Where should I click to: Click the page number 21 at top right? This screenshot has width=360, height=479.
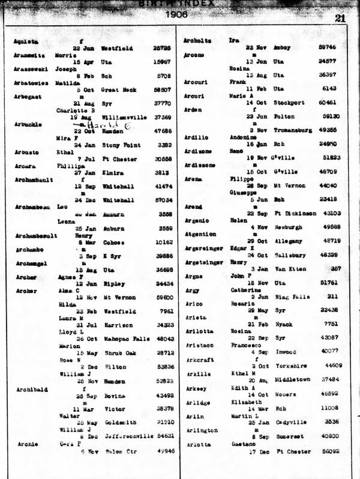pyautogui.click(x=340, y=18)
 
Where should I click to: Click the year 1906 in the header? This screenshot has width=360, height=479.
pyautogui.click(x=176, y=15)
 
